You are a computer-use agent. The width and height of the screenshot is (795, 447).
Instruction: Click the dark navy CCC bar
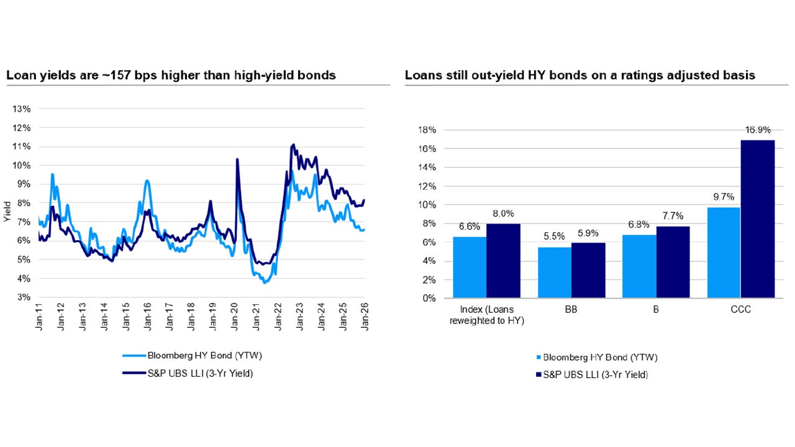click(x=758, y=219)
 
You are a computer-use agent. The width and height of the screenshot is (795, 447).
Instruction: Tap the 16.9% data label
click(x=758, y=130)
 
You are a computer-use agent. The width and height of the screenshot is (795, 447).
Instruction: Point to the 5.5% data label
click(x=555, y=237)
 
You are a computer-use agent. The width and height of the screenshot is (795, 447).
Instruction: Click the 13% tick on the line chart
click(x=22, y=109)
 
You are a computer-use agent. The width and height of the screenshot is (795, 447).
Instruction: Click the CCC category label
click(x=740, y=309)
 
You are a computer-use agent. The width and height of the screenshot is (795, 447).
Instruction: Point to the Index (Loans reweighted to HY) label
click(x=486, y=314)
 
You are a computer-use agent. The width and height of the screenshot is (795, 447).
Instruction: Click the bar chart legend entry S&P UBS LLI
click(x=595, y=374)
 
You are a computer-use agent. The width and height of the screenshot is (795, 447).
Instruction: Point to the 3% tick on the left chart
click(x=24, y=297)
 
